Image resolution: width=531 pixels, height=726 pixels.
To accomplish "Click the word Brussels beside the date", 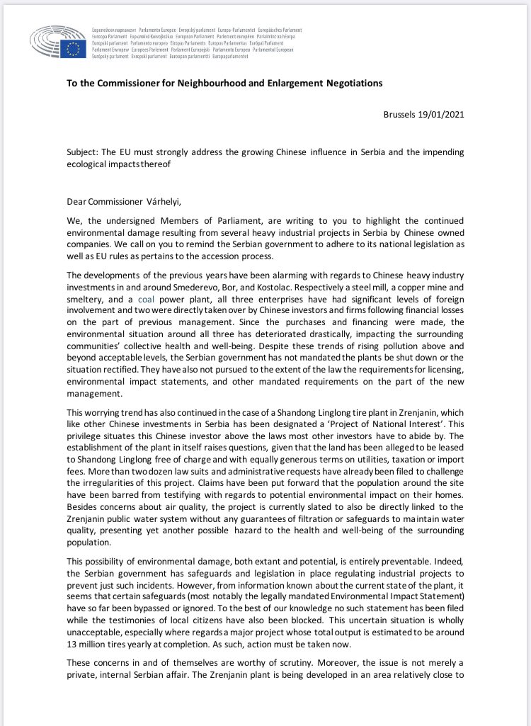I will [401, 114].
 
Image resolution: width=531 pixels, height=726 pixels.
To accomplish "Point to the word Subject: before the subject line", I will [84, 153].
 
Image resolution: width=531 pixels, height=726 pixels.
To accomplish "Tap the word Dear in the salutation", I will [76, 203].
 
